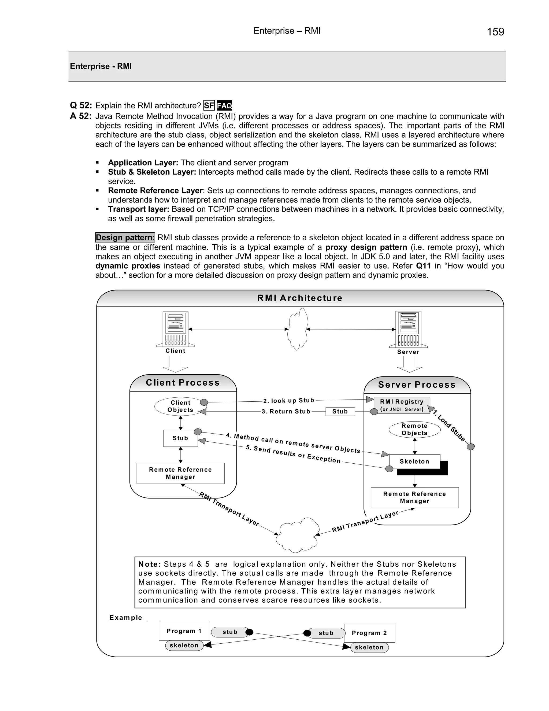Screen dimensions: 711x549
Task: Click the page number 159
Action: (x=495, y=32)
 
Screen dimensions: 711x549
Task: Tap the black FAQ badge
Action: (x=224, y=105)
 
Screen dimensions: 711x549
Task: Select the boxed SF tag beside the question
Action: (x=209, y=105)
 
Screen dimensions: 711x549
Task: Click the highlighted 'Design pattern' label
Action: (x=125, y=237)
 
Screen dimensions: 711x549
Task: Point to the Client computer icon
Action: (x=176, y=329)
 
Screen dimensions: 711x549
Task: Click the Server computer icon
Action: (x=409, y=329)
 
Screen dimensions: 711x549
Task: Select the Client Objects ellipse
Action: (x=180, y=406)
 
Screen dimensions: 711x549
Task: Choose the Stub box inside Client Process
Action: (x=180, y=438)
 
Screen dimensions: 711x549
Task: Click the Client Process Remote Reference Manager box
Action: (x=180, y=473)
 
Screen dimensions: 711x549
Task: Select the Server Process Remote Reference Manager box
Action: (x=415, y=497)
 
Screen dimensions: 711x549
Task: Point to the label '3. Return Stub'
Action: (x=286, y=412)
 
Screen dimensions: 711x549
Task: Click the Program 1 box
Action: (x=184, y=631)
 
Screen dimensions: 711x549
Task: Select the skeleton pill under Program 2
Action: (x=369, y=647)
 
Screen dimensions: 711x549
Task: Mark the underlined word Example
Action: (x=126, y=618)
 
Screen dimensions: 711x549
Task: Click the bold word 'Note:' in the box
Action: (x=149, y=564)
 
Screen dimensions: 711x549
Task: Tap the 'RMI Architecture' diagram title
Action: (x=299, y=298)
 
